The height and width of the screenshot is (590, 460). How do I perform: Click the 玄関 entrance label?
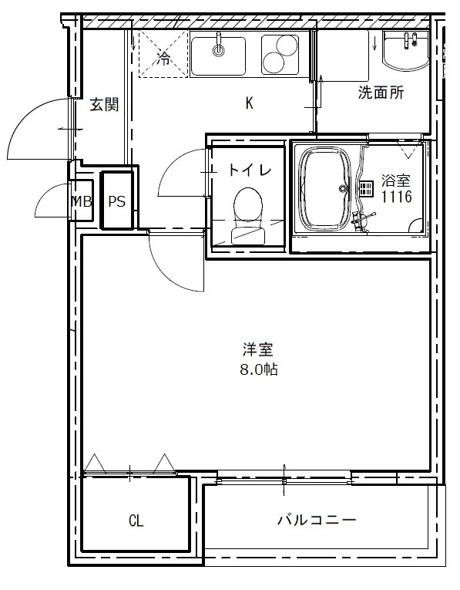[103, 105]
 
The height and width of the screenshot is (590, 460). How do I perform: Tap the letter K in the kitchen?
[250, 104]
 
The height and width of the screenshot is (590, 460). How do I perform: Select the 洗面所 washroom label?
[381, 93]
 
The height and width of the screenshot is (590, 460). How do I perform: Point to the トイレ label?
[249, 170]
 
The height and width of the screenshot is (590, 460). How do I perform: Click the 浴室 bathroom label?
[396, 182]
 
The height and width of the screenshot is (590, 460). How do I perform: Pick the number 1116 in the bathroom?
[396, 197]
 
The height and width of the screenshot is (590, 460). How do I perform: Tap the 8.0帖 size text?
[258, 369]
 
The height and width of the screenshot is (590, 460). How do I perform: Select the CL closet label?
[136, 521]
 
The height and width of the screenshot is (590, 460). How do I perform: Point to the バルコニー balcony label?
[317, 521]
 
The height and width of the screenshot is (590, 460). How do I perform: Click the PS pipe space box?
[117, 201]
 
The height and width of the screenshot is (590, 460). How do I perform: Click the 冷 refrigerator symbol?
[163, 58]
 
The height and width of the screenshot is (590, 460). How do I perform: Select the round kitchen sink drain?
[219, 51]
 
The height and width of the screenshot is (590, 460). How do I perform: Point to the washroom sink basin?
[405, 52]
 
